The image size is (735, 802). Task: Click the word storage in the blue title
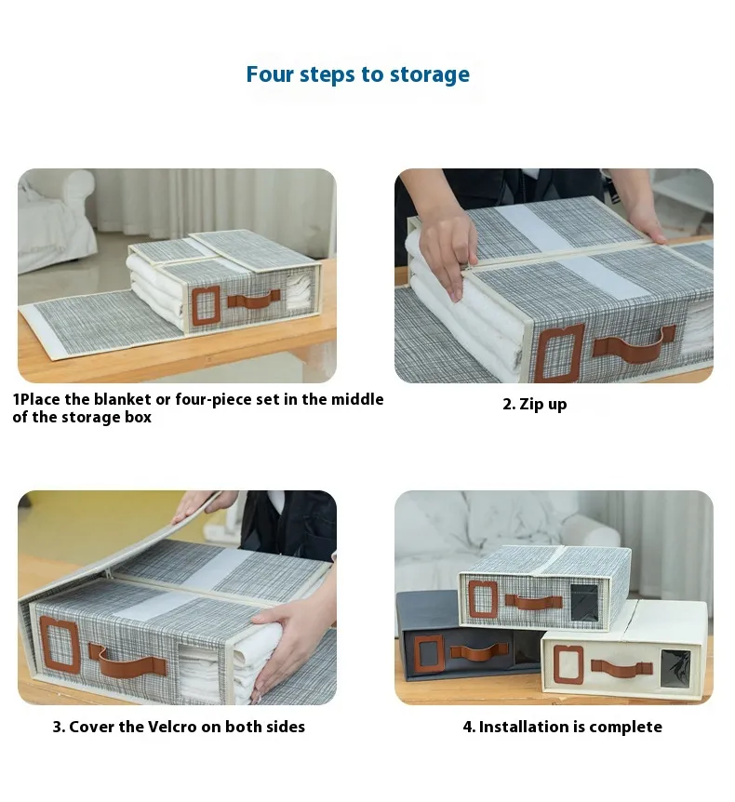[x=430, y=74]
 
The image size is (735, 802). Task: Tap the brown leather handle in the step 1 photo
[x=254, y=300]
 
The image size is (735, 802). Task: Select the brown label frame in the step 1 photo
[x=207, y=305]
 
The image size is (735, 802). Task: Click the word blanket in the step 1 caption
[x=122, y=399]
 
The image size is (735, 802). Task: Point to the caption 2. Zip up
[x=534, y=404]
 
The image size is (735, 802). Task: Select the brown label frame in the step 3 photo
[x=60, y=644]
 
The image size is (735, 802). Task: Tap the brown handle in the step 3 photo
[x=127, y=661]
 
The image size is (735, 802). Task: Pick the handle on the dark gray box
[x=480, y=652]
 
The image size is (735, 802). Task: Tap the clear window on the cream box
[x=675, y=669]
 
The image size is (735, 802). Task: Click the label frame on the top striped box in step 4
[x=483, y=599]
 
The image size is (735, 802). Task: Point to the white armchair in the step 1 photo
[x=56, y=220]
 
